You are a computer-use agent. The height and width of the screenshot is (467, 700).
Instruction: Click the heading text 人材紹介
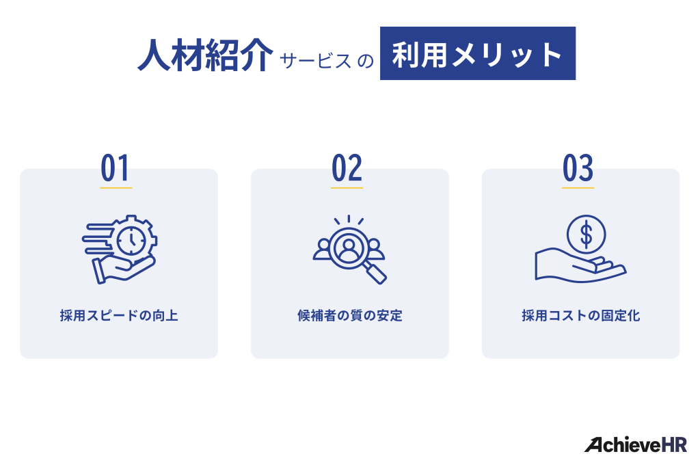pos(204,55)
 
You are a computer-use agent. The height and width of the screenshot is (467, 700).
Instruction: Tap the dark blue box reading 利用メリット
pos(477,53)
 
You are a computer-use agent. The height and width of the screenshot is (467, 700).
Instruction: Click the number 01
pos(116,169)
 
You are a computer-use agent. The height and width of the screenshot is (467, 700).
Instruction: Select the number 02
pos(347,169)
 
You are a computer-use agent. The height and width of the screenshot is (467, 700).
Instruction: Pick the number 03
pos(578,169)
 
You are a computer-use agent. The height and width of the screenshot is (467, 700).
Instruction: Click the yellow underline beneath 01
pos(116,187)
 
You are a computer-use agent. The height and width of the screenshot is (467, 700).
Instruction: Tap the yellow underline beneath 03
pos(578,187)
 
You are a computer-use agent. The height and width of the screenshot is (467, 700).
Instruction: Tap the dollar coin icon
pos(586,234)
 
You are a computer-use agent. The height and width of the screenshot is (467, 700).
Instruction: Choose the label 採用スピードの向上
pos(119,316)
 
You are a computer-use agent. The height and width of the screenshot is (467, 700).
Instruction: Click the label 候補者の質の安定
pos(349,316)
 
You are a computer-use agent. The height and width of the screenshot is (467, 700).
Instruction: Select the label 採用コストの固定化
pos(580,316)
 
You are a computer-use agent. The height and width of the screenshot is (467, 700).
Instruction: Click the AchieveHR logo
pos(635,444)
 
